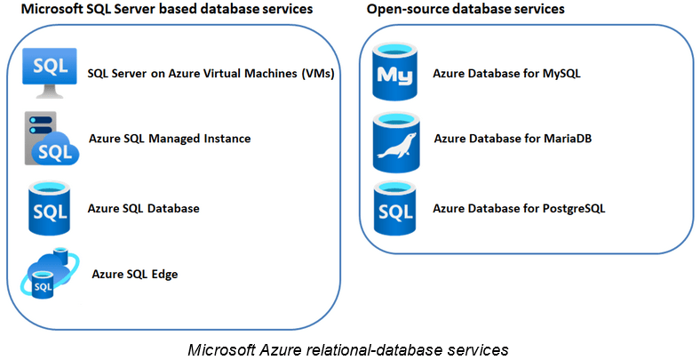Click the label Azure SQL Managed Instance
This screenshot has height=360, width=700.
170,139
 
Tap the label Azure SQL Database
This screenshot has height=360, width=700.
143,208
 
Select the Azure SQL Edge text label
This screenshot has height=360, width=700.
135,274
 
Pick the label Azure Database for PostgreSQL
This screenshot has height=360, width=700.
519,208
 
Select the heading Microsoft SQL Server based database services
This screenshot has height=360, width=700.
160,10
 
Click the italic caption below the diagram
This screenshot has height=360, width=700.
348,348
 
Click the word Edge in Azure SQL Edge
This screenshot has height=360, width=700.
164,274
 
